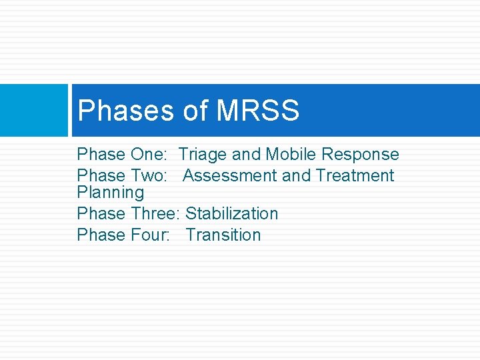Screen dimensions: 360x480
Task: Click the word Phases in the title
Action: (125, 111)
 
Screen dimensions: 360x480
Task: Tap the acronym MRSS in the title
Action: (259, 111)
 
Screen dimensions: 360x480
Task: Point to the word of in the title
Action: (195, 111)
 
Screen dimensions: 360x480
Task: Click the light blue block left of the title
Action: (33, 110)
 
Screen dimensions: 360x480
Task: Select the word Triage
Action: (203, 155)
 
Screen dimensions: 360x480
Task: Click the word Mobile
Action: (291, 155)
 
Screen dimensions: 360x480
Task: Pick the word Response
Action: (360, 155)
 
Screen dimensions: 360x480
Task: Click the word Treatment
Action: (355, 176)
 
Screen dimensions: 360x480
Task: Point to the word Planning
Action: (110, 193)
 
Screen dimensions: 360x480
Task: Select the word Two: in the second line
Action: (151, 176)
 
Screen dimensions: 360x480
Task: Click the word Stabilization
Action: (231, 214)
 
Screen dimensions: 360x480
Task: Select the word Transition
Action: (223, 235)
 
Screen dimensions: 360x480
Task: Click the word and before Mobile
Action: (246, 155)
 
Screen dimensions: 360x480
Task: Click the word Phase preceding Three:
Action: (101, 214)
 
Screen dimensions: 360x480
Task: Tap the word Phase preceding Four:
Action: (101, 235)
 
